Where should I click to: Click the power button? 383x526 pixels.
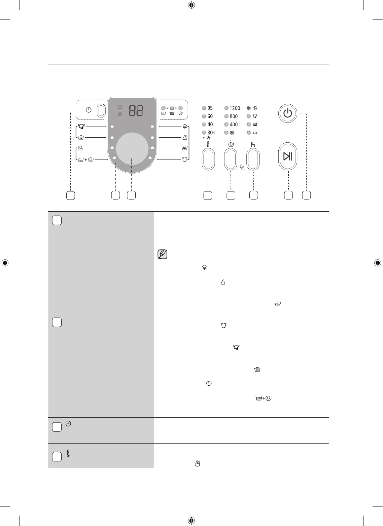pyautogui.click(x=287, y=113)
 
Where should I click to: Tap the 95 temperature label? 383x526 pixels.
pyautogui.click(x=210, y=108)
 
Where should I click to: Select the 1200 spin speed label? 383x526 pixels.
pyautogui.click(x=235, y=108)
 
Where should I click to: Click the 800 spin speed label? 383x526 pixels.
pyautogui.click(x=234, y=116)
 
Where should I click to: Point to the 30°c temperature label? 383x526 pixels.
pyautogui.click(x=211, y=133)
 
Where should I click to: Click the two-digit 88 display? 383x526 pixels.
pyautogui.click(x=136, y=110)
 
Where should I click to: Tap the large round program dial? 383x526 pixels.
pyautogui.click(x=132, y=149)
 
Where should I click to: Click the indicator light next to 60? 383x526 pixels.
pyautogui.click(x=204, y=116)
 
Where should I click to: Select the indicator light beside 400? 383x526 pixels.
pyautogui.click(x=227, y=125)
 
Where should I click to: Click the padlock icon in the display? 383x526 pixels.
pyautogui.click(x=120, y=114)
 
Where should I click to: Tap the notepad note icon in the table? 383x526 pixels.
pyautogui.click(x=163, y=254)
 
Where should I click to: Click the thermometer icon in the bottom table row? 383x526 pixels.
pyautogui.click(x=68, y=453)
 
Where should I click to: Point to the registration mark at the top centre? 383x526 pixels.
pyautogui.click(x=191, y=5)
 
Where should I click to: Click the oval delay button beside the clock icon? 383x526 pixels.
pyautogui.click(x=101, y=111)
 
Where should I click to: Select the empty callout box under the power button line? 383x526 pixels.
pyautogui.click(x=306, y=196)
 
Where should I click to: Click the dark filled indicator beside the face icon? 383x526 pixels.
pyautogui.click(x=249, y=108)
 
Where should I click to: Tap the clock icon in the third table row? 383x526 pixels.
pyautogui.click(x=68, y=424)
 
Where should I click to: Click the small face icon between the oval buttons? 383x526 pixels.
pyautogui.click(x=242, y=167)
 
